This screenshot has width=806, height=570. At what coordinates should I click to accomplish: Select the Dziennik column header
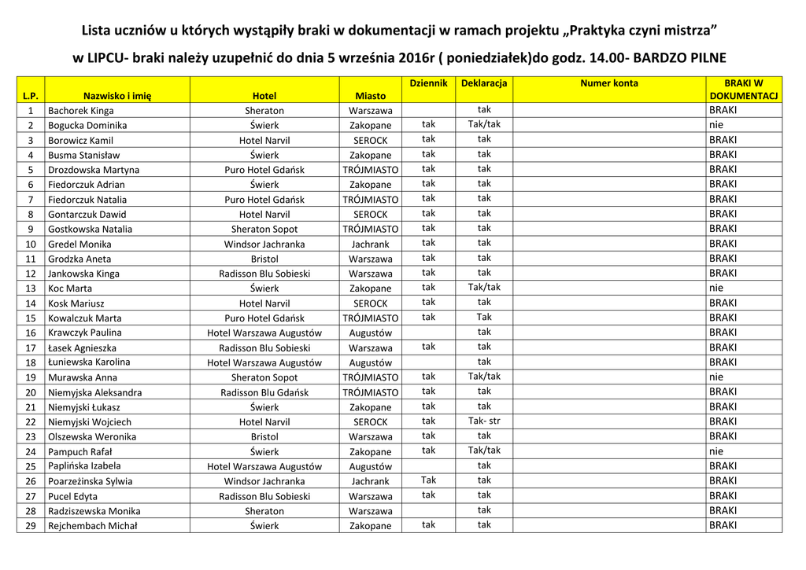tap(428, 83)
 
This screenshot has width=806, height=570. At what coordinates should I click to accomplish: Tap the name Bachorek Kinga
tap(80, 111)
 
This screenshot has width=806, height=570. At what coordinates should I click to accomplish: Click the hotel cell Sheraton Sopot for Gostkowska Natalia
tap(264, 230)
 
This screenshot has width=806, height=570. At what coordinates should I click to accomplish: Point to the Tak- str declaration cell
tap(484, 421)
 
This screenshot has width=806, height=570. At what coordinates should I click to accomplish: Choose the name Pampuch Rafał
tap(79, 452)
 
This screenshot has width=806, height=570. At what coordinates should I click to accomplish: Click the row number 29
tap(31, 526)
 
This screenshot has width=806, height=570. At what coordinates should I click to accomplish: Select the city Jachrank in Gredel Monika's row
tap(370, 245)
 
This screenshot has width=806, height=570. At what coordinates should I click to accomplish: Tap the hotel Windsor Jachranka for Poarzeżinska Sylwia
tap(264, 481)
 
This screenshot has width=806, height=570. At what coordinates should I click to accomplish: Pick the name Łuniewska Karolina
tap(89, 362)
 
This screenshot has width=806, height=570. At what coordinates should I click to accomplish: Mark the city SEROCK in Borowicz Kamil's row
tap(370, 141)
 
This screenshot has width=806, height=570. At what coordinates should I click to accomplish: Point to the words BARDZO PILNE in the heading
tap(679, 58)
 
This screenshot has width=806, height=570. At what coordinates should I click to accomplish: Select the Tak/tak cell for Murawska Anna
tap(484, 377)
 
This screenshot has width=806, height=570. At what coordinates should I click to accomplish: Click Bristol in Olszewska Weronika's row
tap(264, 437)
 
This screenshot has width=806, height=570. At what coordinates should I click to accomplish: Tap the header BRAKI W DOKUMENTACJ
tap(743, 89)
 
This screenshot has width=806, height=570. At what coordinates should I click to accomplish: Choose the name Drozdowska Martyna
tap(94, 170)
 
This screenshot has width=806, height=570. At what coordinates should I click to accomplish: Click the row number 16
tap(31, 333)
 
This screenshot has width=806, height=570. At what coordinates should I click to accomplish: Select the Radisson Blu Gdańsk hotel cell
tap(264, 392)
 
